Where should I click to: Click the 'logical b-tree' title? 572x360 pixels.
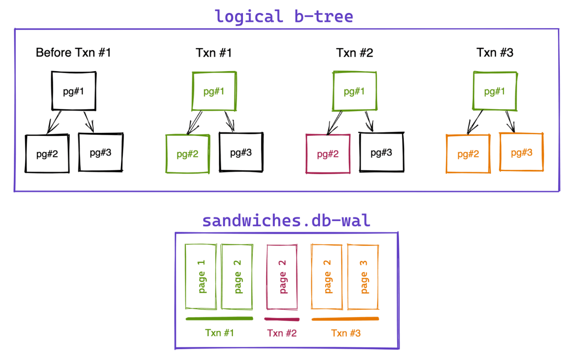point(284,17)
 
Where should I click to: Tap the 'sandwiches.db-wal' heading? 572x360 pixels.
point(286,221)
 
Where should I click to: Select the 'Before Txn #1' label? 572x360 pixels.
point(73,53)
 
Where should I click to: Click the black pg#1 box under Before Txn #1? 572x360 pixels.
point(74,91)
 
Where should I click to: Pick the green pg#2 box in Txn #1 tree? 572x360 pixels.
point(187,154)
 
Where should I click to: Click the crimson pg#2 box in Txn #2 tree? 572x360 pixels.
point(328,154)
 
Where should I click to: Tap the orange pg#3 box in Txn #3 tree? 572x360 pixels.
point(521,152)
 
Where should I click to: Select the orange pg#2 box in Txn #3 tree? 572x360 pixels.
point(468,154)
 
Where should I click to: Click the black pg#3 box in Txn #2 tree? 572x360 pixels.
point(381,153)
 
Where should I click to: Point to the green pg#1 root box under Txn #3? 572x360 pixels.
point(494,91)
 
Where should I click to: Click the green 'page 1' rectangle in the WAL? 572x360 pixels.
point(201,277)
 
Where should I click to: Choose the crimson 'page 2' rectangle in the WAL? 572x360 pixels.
point(282,277)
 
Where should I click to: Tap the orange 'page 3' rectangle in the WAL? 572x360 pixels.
point(363,277)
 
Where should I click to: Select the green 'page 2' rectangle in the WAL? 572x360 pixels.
point(237,277)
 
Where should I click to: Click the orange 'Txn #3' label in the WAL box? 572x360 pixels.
point(346,333)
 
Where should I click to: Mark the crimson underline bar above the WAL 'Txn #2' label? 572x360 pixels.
point(282,319)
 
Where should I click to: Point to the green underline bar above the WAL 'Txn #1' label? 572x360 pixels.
point(219,319)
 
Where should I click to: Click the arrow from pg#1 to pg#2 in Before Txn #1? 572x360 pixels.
point(54,122)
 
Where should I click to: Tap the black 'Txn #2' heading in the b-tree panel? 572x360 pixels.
point(354,53)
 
